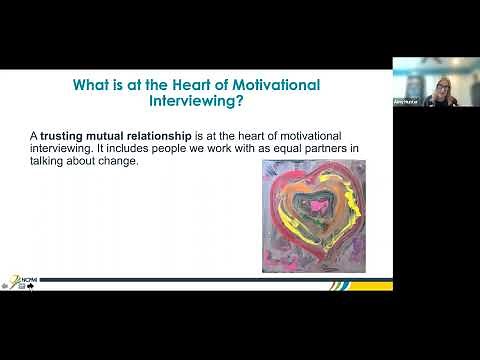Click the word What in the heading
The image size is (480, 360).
93,86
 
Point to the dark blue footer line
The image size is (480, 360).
200,280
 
